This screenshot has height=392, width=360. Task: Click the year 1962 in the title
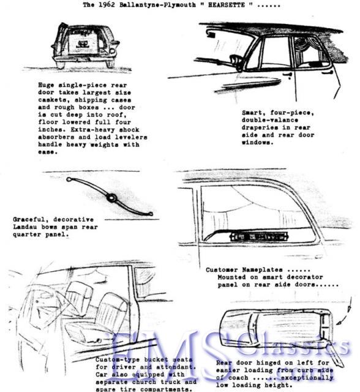pos(114,5)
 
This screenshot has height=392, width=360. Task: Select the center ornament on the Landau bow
pos(111,198)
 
